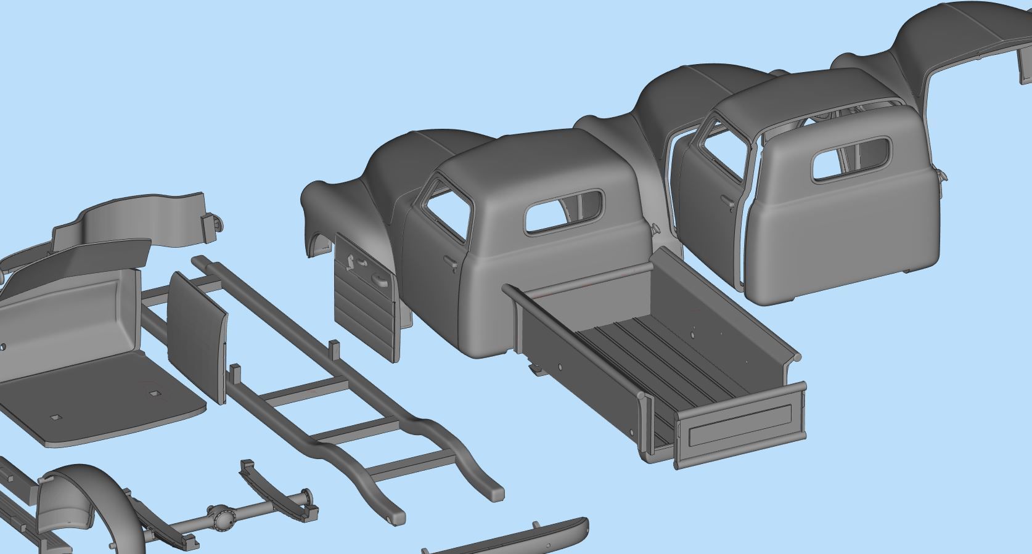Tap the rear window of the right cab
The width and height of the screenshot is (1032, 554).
pyautogui.click(x=851, y=159)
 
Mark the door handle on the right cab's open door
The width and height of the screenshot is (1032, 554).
pyautogui.click(x=728, y=202)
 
